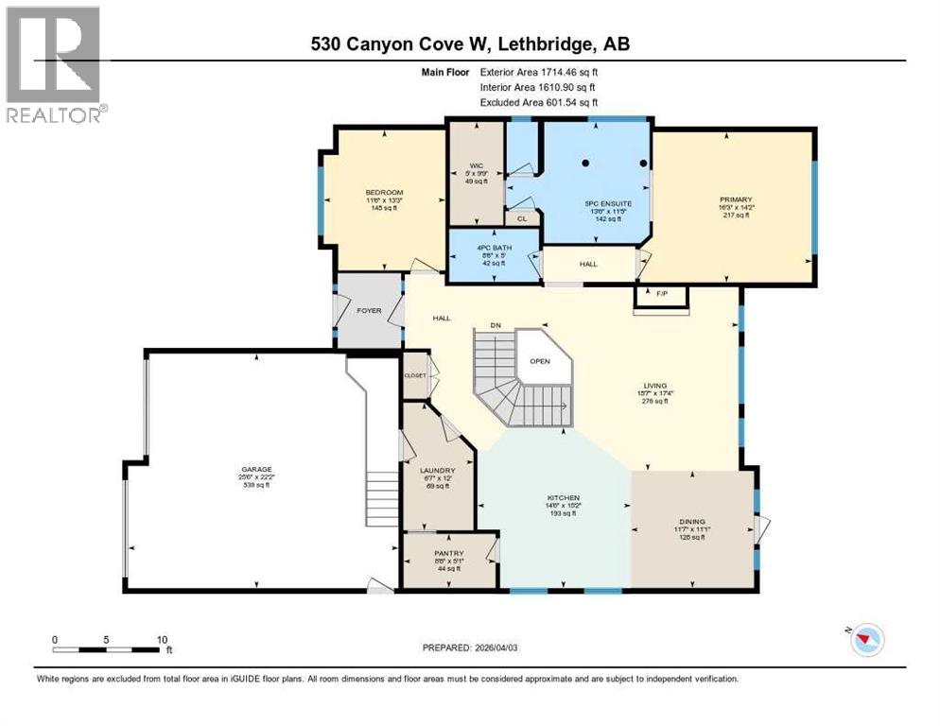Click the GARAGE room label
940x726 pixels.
tap(255, 469)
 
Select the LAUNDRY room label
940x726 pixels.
tap(438, 471)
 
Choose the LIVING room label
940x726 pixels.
tap(655, 386)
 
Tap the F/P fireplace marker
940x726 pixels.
tap(661, 294)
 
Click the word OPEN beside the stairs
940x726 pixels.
tap(540, 360)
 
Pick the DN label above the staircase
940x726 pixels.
tap(495, 325)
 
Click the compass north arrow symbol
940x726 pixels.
tap(862, 640)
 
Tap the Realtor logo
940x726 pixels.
tap(55, 63)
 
